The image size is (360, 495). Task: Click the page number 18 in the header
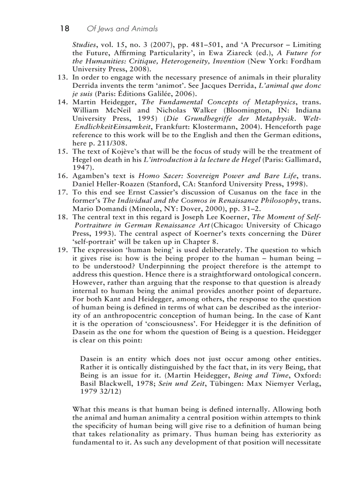pyautogui.click(x=64, y=29)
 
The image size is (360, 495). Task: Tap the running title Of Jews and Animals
pyautogui.click(x=122, y=29)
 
